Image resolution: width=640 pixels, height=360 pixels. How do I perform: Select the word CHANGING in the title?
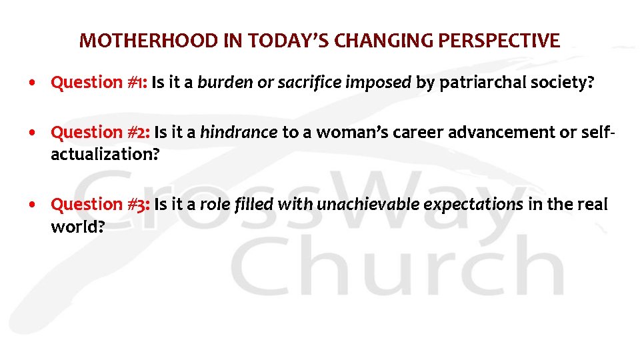click(x=383, y=41)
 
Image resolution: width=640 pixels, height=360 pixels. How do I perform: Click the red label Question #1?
click(x=99, y=83)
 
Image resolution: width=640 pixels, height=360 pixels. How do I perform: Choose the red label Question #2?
click(x=100, y=133)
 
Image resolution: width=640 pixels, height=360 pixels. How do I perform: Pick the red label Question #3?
click(x=100, y=204)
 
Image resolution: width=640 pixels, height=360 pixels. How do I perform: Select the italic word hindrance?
click(x=238, y=133)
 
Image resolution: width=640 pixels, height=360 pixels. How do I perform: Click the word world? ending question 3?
click(x=77, y=227)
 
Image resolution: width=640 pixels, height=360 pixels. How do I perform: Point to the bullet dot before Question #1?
click(x=33, y=83)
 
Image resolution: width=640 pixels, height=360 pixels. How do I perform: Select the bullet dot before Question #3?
click(x=33, y=205)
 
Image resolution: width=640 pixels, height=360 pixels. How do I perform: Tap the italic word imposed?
click(x=379, y=83)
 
